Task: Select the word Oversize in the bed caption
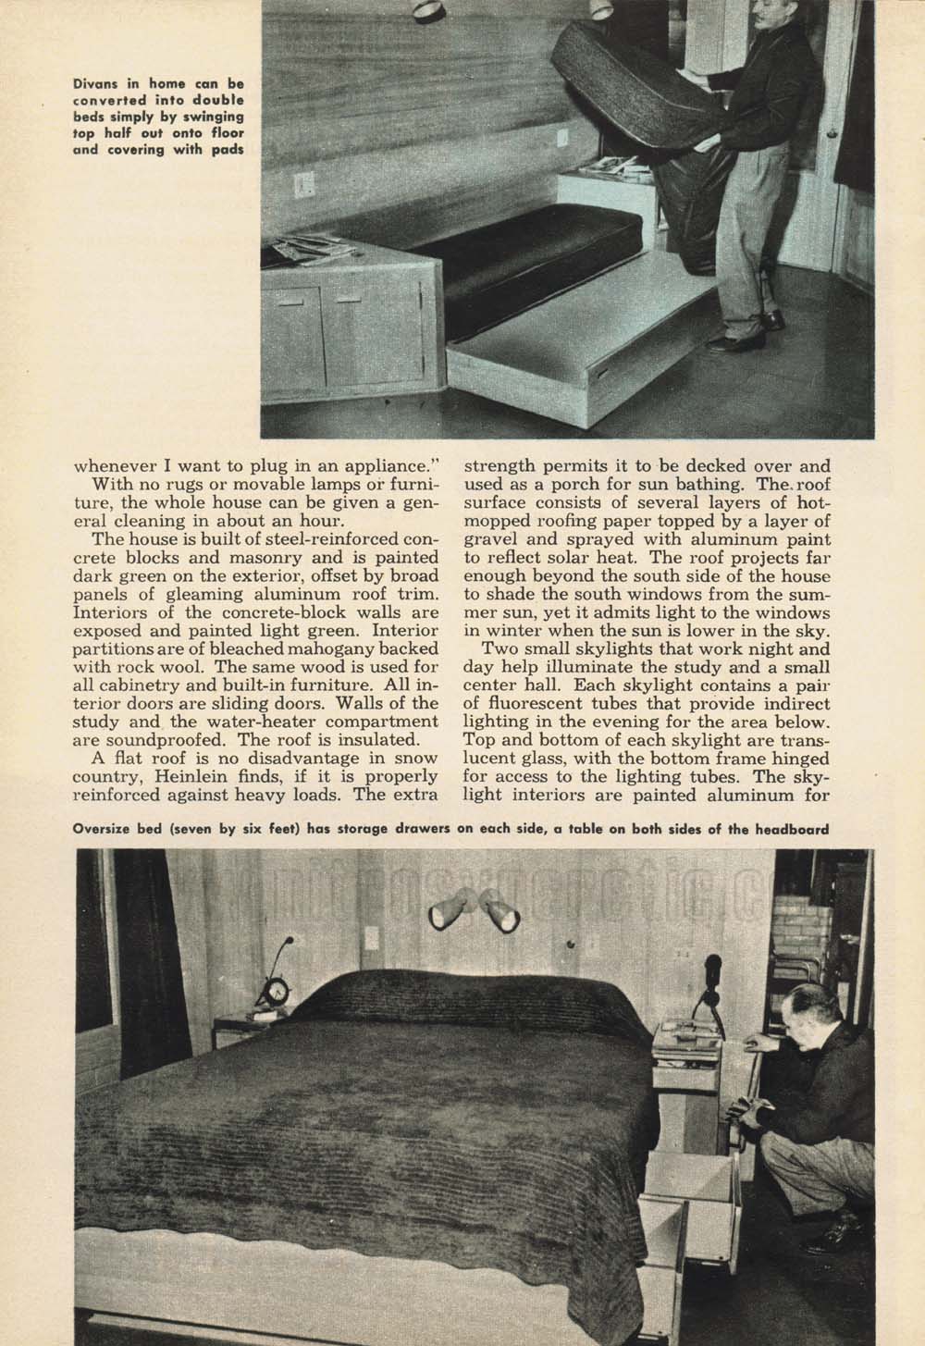[x=105, y=829]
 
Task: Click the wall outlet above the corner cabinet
[x=303, y=186]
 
